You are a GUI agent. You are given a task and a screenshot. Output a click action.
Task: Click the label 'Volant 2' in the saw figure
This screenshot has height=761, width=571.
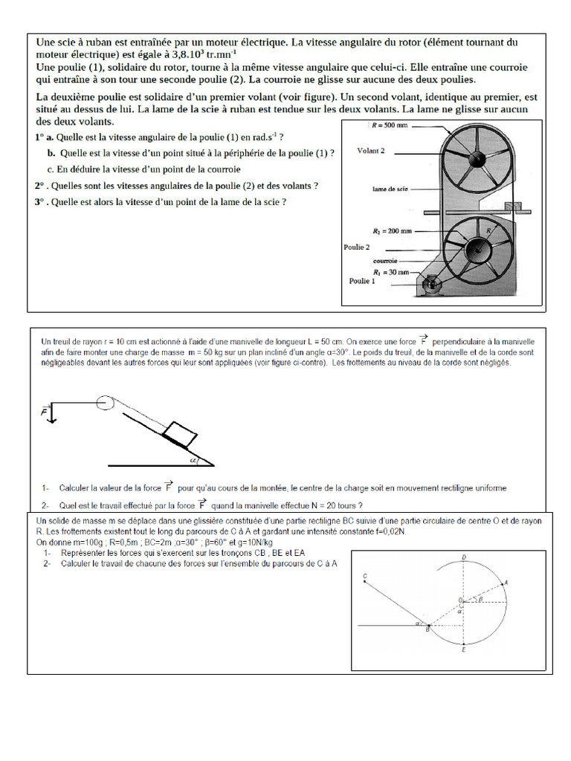(x=371, y=151)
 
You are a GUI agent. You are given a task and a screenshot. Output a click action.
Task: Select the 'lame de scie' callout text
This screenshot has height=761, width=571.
(x=390, y=190)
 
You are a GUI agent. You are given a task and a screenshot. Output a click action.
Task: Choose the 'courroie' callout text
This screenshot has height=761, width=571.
(x=385, y=261)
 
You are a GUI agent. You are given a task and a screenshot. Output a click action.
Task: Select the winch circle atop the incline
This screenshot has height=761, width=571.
(x=106, y=402)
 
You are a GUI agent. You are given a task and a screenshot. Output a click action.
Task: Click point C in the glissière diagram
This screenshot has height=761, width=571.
(x=365, y=576)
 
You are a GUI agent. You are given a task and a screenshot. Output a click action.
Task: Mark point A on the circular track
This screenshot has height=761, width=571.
(x=506, y=583)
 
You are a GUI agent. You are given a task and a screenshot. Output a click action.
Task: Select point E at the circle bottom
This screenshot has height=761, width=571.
(x=464, y=650)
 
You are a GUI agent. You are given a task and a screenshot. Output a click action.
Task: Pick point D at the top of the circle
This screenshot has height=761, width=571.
(x=464, y=556)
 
